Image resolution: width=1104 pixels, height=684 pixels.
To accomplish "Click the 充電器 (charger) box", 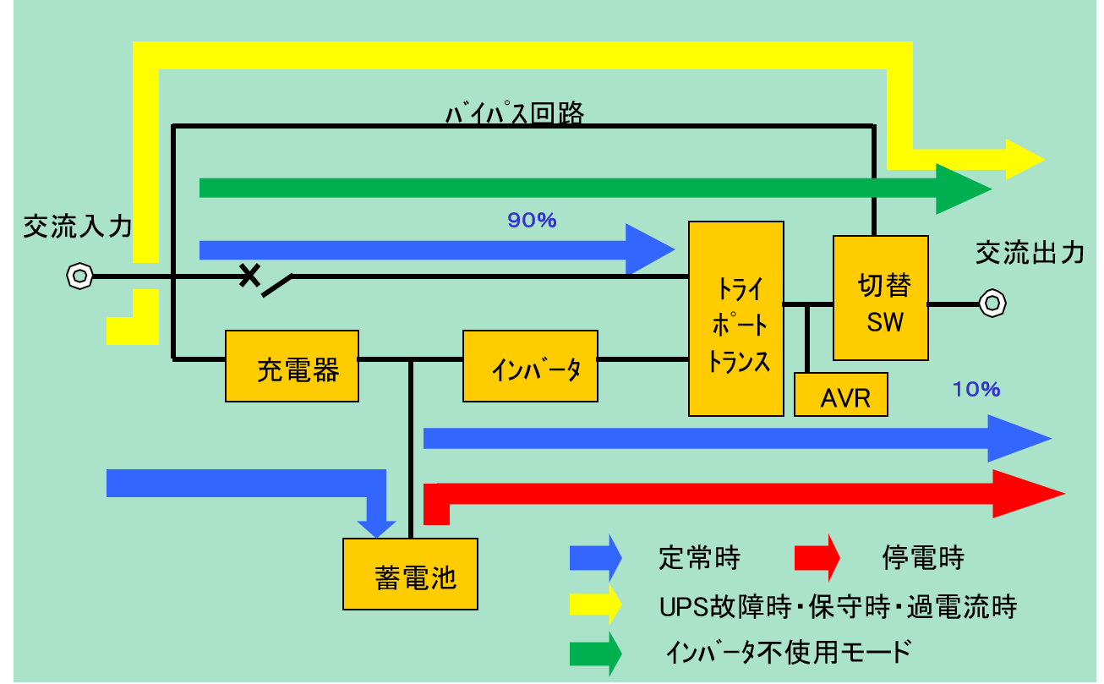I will coord(292,366).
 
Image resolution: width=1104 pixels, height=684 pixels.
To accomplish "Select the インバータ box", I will coord(530,366).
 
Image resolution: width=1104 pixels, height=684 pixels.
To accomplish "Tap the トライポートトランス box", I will coord(736,319).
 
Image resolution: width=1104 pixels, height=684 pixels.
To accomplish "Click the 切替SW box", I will coord(880,298).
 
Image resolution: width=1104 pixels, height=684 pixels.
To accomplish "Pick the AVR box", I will coord(841,395).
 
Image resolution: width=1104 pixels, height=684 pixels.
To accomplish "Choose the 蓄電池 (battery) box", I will coord(410,574).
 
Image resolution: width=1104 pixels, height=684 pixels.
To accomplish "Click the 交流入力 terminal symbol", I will coord(79,276).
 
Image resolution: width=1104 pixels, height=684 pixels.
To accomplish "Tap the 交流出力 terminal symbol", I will coord(991,303).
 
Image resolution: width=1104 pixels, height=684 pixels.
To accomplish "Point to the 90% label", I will coord(532,221).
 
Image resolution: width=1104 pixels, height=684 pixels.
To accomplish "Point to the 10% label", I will coord(976,389).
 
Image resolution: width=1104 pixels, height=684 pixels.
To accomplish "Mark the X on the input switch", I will coord(249,275).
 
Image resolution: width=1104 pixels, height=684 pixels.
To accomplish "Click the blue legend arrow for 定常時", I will coord(596,558).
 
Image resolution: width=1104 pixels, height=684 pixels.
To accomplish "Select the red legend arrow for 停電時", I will coord(817,558).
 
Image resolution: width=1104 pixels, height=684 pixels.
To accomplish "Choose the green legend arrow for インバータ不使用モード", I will coord(596,652).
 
